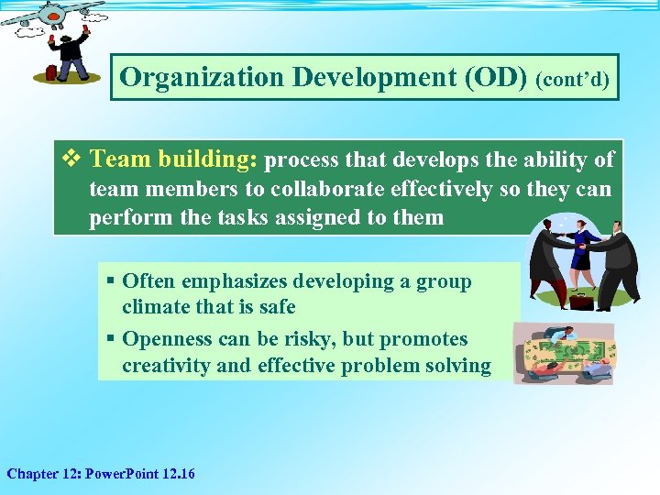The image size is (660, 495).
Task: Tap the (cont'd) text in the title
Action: pyautogui.click(x=574, y=80)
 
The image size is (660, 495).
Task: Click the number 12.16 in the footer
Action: pyautogui.click(x=178, y=474)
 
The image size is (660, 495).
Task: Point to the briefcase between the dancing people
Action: pyautogui.click(x=580, y=299)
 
